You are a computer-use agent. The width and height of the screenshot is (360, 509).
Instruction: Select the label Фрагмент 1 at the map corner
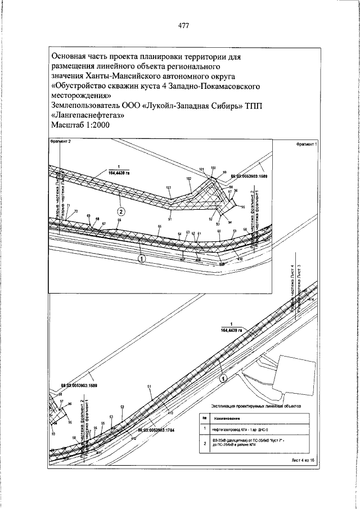pyautogui.click(x=306, y=145)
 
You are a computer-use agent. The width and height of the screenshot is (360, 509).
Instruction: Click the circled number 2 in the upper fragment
pyautogui.click(x=121, y=211)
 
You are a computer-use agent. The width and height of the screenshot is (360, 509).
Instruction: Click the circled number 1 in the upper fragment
pyautogui.click(x=141, y=258)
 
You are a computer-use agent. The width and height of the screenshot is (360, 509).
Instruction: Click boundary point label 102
pyautogui.click(x=188, y=178)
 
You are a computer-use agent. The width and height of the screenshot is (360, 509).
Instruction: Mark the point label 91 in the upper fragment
pyautogui.click(x=169, y=219)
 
